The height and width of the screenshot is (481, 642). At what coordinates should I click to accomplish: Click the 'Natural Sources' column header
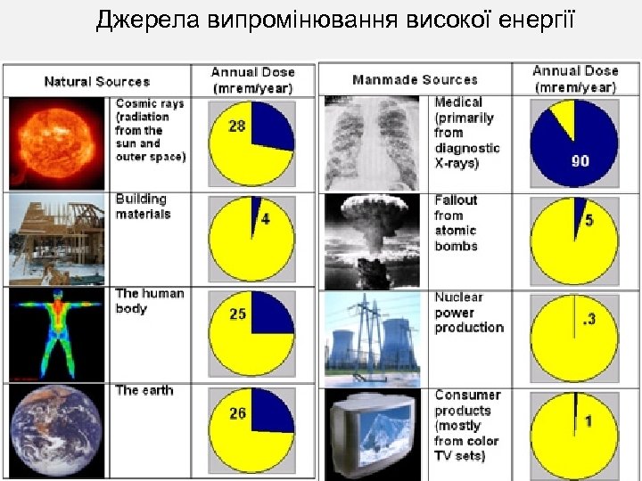click(x=97, y=81)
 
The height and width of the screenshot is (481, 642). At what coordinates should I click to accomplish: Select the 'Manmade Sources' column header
click(x=415, y=80)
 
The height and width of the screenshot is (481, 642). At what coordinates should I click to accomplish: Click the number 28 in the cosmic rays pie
click(x=236, y=126)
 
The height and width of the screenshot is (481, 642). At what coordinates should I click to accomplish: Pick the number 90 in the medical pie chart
click(x=580, y=161)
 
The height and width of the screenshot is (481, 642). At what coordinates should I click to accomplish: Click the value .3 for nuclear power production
click(x=588, y=318)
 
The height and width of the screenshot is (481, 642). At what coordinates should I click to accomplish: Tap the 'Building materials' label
click(x=142, y=207)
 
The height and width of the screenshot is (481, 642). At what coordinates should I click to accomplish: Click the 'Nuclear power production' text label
click(x=468, y=313)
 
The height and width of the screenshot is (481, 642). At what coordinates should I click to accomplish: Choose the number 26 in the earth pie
click(x=236, y=413)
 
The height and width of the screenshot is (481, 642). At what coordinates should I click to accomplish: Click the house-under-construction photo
click(x=55, y=239)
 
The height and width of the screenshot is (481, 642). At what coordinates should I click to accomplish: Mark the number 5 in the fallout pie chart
click(x=588, y=220)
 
